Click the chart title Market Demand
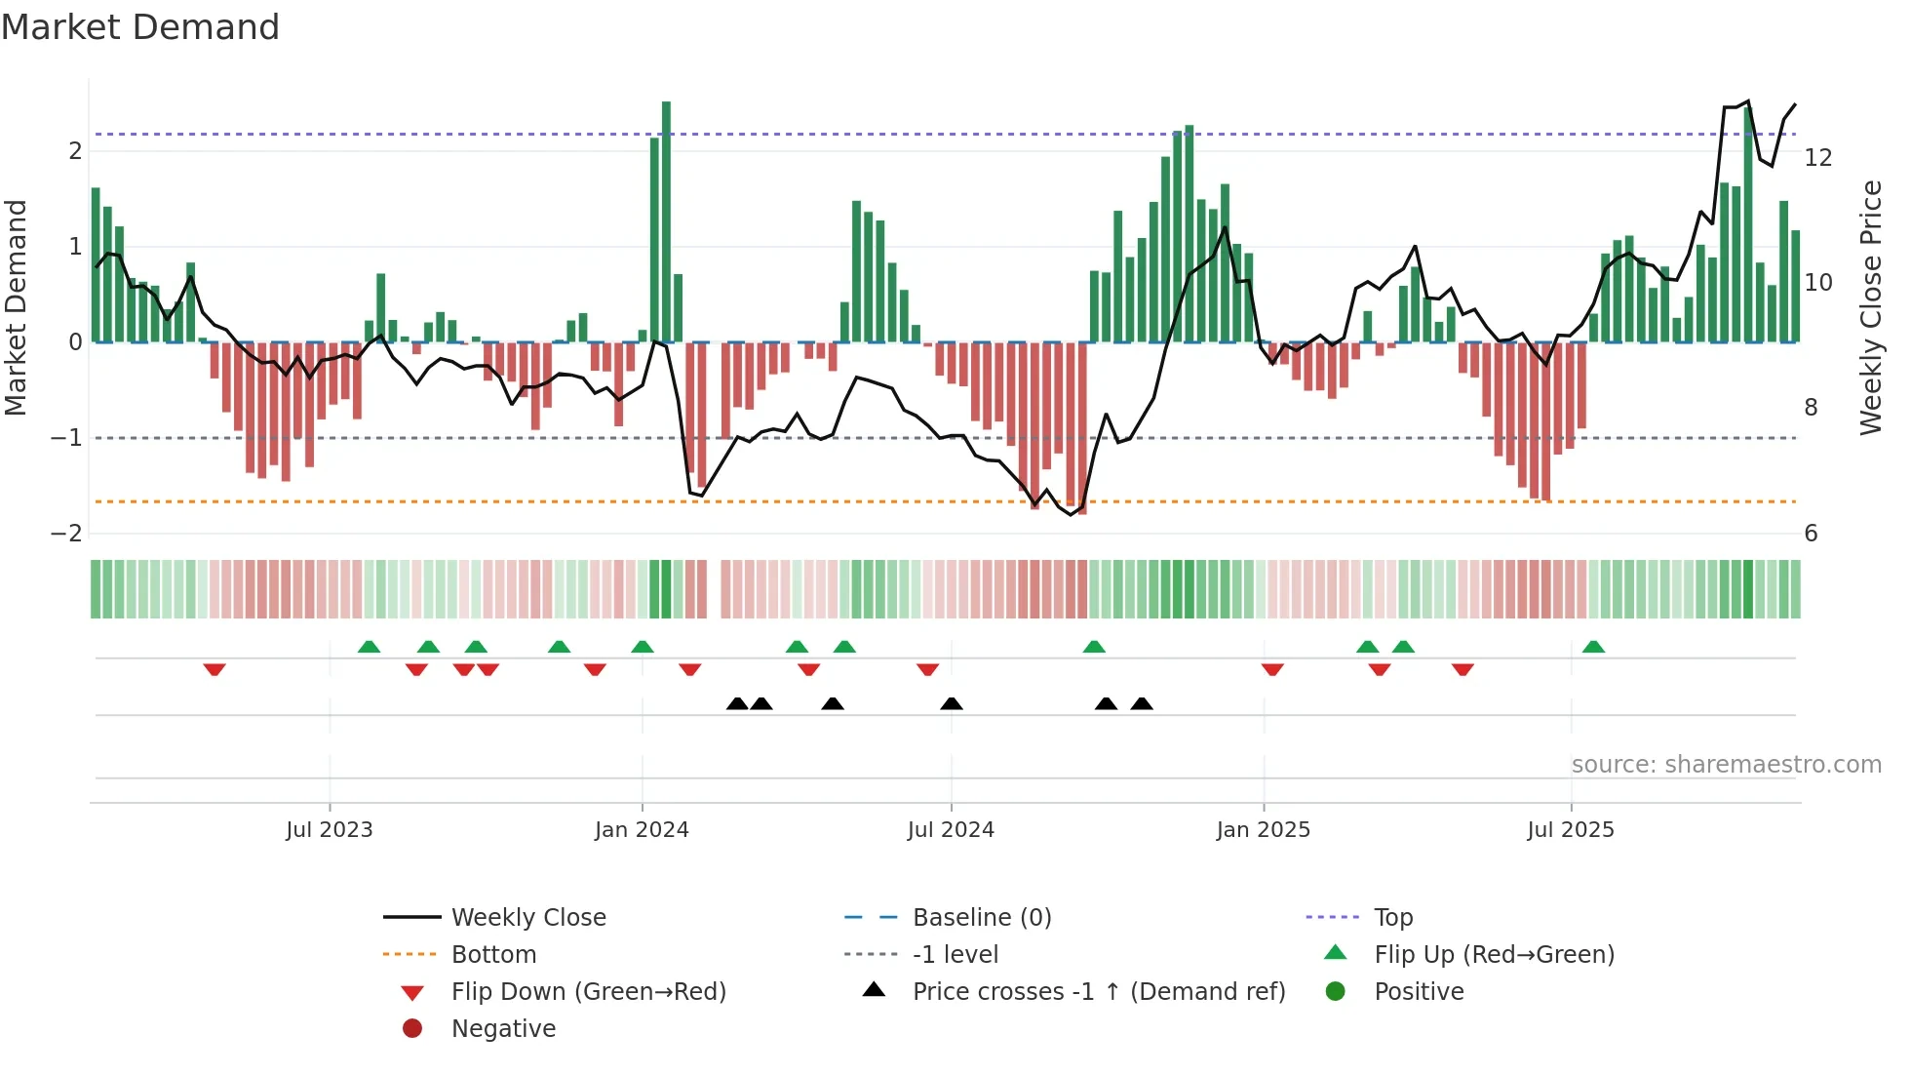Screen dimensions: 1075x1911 [140, 27]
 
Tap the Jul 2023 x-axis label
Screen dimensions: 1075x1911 [330, 830]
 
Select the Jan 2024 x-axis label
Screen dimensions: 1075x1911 [642, 830]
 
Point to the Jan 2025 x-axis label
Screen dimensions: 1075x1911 [1264, 830]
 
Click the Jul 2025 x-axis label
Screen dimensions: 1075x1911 [1571, 830]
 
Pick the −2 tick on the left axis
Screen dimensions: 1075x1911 [66, 534]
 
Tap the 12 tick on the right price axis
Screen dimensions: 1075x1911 [1818, 158]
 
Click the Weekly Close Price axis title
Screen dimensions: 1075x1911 [1871, 307]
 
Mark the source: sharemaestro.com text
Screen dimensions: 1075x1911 [1726, 765]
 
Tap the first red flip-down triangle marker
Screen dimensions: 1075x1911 [214, 669]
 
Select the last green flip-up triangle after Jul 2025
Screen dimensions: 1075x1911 [1593, 647]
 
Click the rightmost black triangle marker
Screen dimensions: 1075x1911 [1142, 703]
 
